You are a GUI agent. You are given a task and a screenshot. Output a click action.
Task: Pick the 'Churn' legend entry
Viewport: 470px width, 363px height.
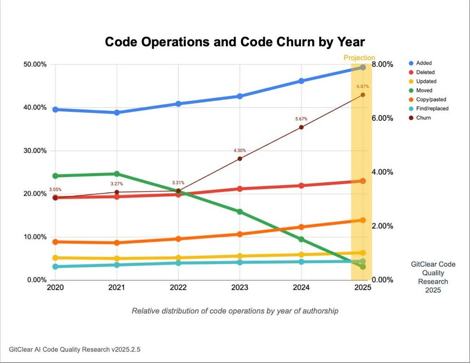pos(423,118)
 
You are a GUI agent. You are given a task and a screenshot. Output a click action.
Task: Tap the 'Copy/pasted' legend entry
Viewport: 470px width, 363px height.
pos(431,99)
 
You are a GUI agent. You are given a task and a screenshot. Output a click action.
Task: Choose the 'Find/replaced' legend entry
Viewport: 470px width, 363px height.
pos(432,109)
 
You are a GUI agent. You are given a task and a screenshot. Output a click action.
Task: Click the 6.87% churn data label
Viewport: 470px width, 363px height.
pos(362,87)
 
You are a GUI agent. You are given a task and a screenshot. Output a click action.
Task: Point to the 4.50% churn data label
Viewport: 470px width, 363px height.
pos(240,150)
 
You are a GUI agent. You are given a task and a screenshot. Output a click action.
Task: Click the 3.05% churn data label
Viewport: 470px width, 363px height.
pos(55,189)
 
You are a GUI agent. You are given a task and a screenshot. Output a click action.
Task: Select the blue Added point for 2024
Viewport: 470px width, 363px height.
pos(301,81)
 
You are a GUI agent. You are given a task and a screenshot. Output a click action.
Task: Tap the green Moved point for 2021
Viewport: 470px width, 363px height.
pos(117,174)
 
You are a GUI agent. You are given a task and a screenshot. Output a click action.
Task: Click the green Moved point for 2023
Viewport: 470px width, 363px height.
pos(240,212)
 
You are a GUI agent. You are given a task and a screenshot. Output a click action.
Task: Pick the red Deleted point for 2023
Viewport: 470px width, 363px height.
pos(240,189)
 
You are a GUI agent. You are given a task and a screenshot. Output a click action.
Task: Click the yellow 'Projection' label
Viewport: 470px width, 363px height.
pos(359,58)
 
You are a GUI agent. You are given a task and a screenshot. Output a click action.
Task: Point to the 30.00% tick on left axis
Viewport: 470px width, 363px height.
pos(34,151)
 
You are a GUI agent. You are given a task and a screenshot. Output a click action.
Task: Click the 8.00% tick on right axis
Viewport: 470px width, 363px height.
pos(383,64)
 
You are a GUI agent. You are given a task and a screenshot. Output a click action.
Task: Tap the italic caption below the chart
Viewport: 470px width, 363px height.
pos(235,311)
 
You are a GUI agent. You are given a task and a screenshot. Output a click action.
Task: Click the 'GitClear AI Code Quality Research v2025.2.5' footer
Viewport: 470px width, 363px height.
pos(69,349)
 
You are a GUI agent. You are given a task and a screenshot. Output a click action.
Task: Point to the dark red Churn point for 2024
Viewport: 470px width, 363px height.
pos(301,127)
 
